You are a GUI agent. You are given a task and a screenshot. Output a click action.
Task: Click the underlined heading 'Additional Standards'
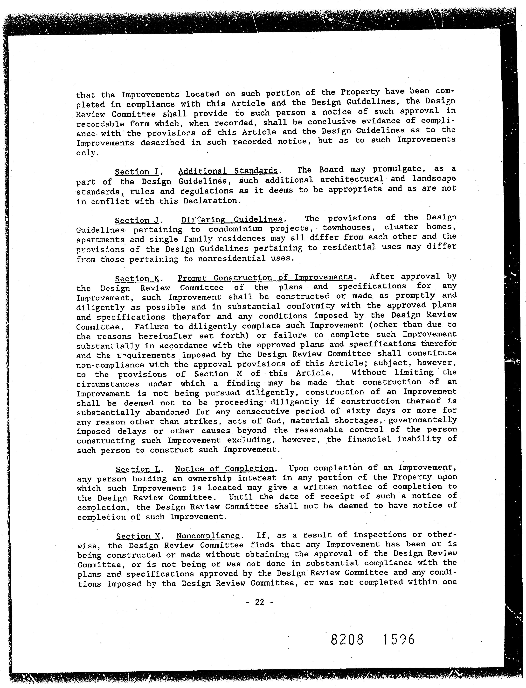tap(228, 171)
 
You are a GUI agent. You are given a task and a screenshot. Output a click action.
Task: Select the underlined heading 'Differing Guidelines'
tap(232, 219)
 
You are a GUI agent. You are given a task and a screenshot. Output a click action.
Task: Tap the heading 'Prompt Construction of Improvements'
tap(265, 278)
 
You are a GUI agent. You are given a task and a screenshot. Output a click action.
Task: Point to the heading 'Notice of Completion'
tap(224, 469)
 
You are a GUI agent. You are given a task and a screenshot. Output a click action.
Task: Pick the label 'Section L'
tap(138, 469)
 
